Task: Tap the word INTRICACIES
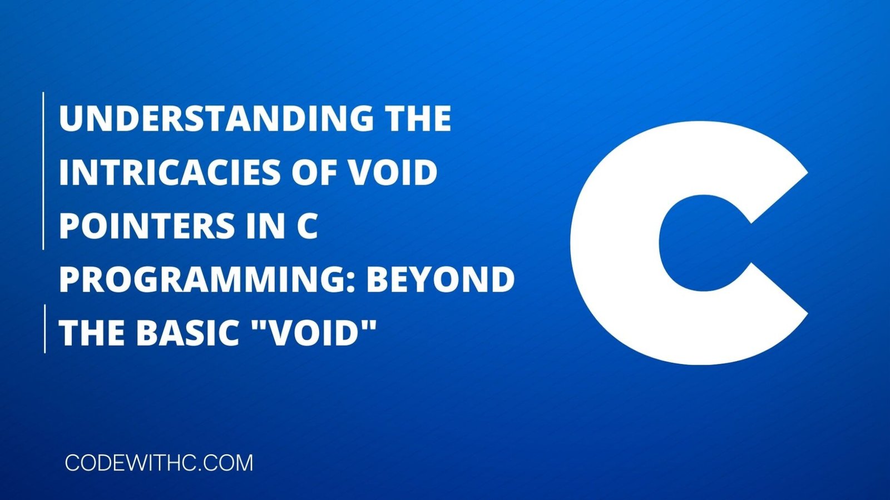tap(169, 172)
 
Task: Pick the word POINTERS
tap(146, 226)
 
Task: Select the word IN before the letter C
tap(265, 226)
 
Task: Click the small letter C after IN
tap(308, 226)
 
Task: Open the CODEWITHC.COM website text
tap(159, 463)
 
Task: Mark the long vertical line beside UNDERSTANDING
tap(43, 171)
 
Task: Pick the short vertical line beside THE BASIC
tap(44, 328)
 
